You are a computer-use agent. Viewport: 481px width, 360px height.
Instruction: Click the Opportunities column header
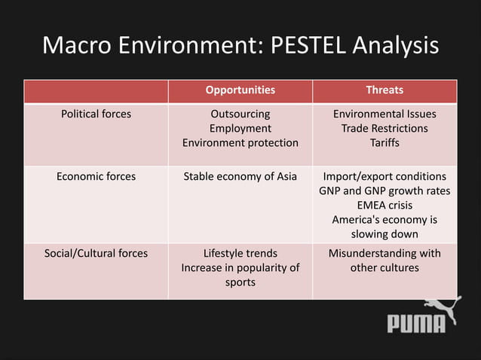[240, 90]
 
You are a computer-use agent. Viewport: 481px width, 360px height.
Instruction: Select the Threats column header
[384, 90]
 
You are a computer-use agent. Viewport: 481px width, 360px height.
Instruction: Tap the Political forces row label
[96, 114]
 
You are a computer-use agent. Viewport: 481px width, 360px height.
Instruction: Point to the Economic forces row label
[96, 176]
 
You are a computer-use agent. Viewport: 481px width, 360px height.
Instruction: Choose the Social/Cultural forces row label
[96, 253]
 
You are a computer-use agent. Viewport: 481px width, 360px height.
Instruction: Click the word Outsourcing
[240, 114]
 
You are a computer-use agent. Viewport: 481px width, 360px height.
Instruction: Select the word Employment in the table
[240, 128]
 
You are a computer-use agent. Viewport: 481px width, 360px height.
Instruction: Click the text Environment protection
[240, 142]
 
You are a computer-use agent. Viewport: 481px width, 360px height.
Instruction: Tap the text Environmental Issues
[384, 114]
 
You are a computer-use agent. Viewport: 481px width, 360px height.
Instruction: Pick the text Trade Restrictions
[384, 128]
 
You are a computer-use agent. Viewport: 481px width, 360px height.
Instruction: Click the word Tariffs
[384, 142]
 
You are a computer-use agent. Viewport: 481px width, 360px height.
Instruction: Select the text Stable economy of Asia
[240, 176]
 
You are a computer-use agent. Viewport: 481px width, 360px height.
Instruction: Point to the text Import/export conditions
[384, 176]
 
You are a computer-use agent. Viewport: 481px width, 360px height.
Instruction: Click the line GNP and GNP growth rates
[384, 191]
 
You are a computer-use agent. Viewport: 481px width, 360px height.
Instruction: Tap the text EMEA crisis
[384, 205]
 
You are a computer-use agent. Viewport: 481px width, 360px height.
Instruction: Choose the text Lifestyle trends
[240, 253]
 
